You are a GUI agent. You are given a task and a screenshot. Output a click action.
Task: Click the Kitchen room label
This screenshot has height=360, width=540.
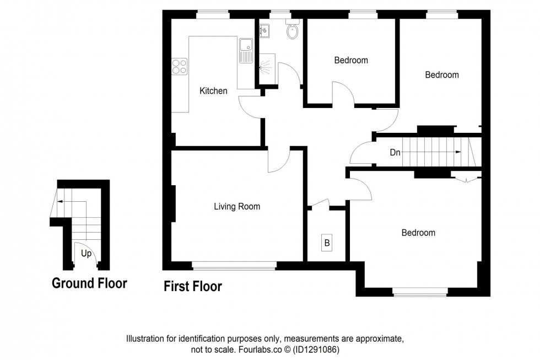click(x=213, y=91)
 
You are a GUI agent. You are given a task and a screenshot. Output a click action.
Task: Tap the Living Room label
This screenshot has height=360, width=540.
click(x=237, y=207)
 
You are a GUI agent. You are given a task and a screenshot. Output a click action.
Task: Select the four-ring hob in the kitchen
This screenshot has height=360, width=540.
click(x=179, y=67)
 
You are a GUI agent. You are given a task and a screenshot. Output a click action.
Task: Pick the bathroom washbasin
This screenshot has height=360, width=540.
click(x=264, y=31)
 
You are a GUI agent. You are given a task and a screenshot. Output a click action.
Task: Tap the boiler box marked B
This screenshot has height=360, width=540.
click(x=327, y=242)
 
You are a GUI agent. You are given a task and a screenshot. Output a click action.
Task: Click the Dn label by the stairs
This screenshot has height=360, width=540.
click(x=395, y=153)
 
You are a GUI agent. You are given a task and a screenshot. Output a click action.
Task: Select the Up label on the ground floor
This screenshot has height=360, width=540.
click(x=86, y=254)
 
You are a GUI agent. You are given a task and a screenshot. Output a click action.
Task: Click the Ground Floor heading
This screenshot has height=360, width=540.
click(x=89, y=283)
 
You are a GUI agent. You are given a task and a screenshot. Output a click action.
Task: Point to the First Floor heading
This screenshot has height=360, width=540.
click(x=193, y=286)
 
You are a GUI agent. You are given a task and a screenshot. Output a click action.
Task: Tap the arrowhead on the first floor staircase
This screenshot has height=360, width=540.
click(x=458, y=153)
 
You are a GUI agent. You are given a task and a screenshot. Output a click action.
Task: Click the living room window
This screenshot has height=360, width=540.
click(x=234, y=266)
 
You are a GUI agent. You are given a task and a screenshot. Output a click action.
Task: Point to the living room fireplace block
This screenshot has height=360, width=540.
click(x=174, y=204)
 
